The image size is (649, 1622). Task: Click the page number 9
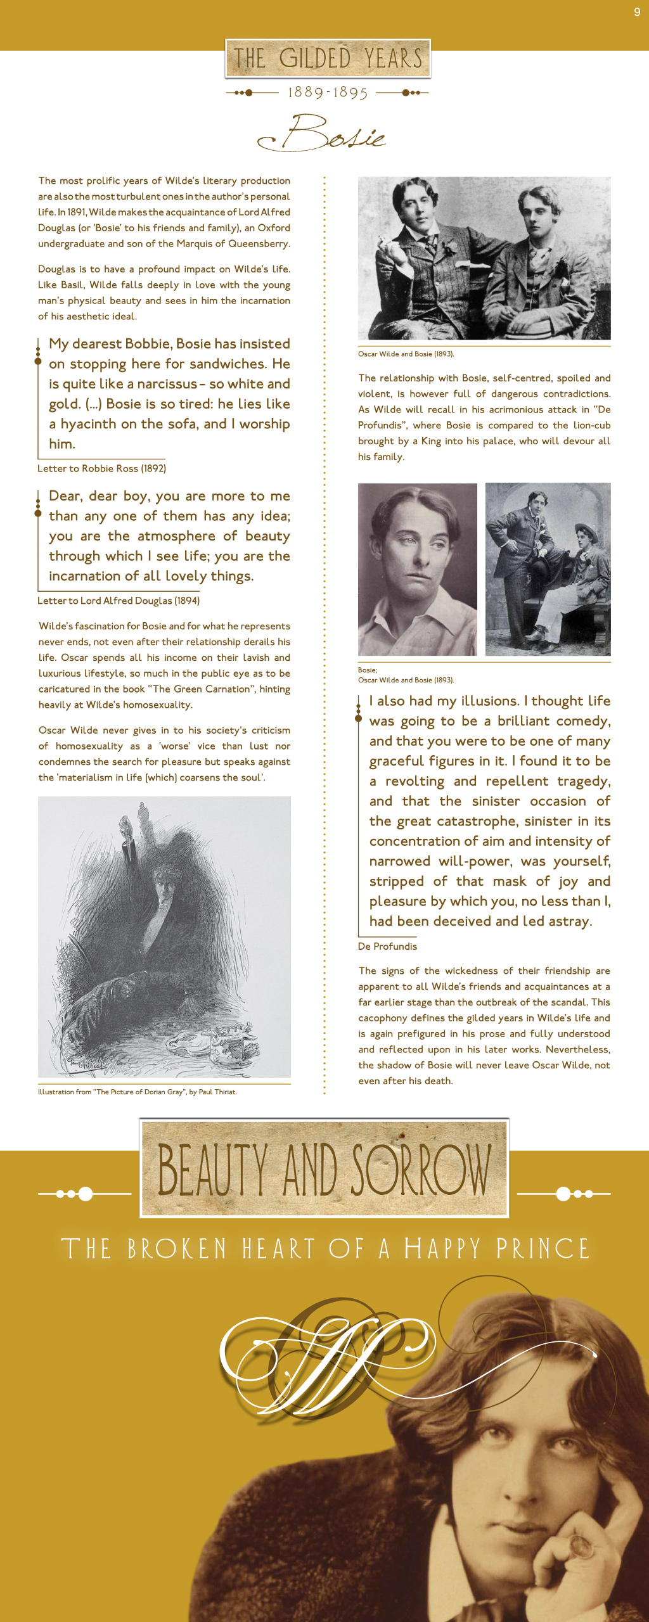tap(637, 12)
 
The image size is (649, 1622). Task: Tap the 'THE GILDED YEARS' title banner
tap(328, 59)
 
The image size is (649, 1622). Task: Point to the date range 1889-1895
tap(328, 93)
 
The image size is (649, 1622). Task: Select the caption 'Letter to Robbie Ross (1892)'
tap(101, 468)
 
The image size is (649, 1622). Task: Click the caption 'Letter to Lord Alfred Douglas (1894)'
tap(119, 601)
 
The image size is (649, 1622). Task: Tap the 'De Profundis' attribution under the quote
tap(387, 946)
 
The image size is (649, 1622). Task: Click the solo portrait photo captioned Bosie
tap(417, 569)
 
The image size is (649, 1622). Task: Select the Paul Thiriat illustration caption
tap(137, 1092)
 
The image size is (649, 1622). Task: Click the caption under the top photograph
tap(406, 354)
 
